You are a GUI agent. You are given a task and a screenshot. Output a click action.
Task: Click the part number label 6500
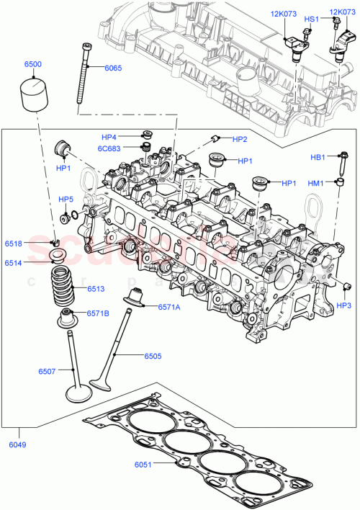click(x=32, y=64)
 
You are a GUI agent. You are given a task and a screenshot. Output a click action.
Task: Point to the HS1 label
click(x=311, y=19)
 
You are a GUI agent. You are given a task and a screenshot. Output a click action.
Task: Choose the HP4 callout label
click(x=108, y=135)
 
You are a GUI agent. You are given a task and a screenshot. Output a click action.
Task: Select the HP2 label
click(x=240, y=139)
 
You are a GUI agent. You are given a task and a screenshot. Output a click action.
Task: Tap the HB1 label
click(x=318, y=157)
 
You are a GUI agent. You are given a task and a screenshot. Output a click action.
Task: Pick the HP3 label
click(x=344, y=305)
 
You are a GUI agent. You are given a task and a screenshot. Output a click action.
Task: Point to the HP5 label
click(x=66, y=200)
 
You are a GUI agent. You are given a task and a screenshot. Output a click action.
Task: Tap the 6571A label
click(x=171, y=305)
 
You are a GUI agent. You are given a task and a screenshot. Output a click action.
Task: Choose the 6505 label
click(x=152, y=356)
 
